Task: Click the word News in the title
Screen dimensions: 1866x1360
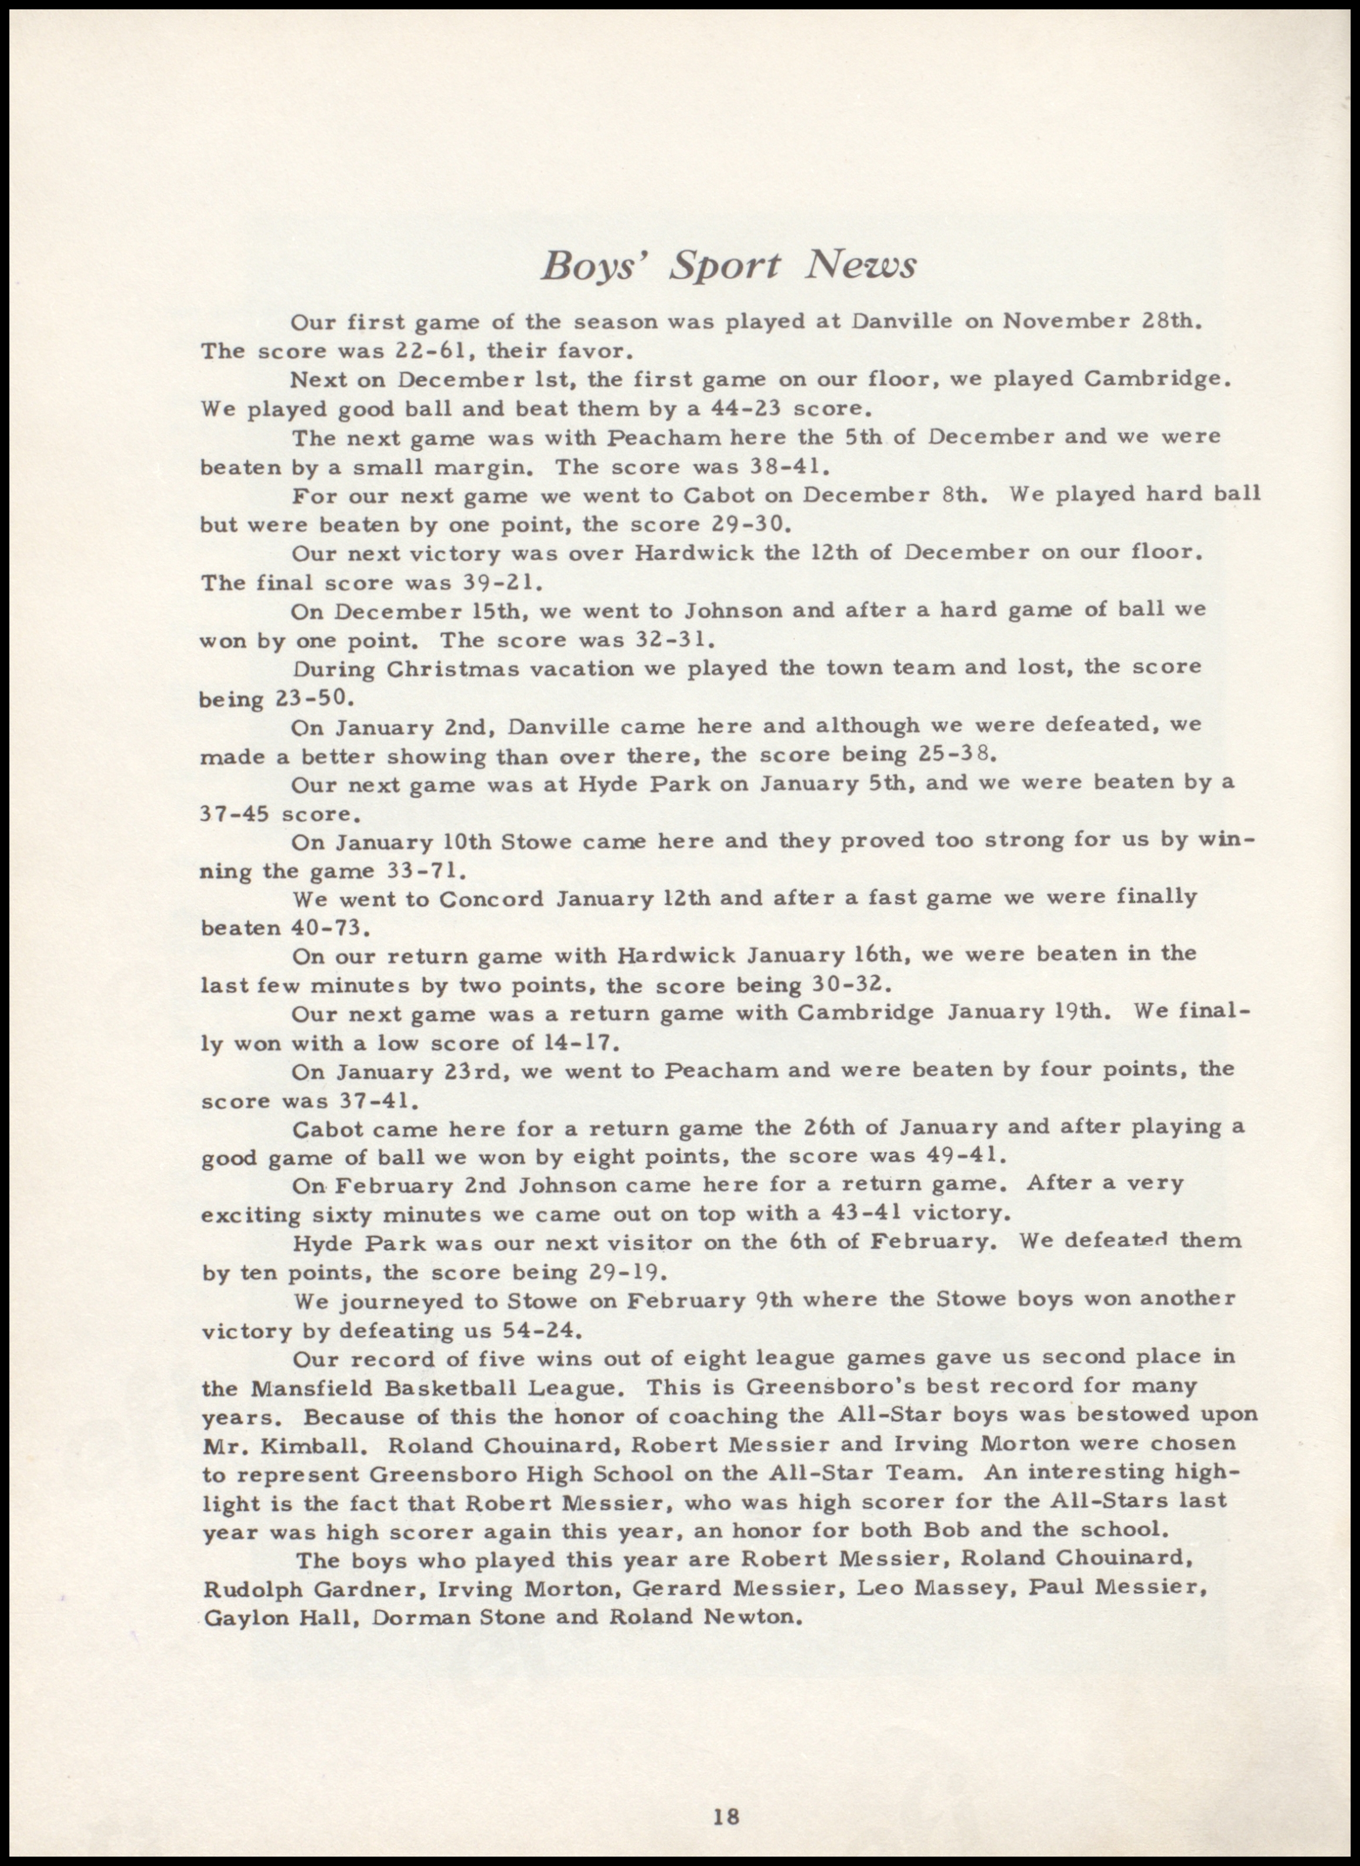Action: (x=861, y=265)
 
